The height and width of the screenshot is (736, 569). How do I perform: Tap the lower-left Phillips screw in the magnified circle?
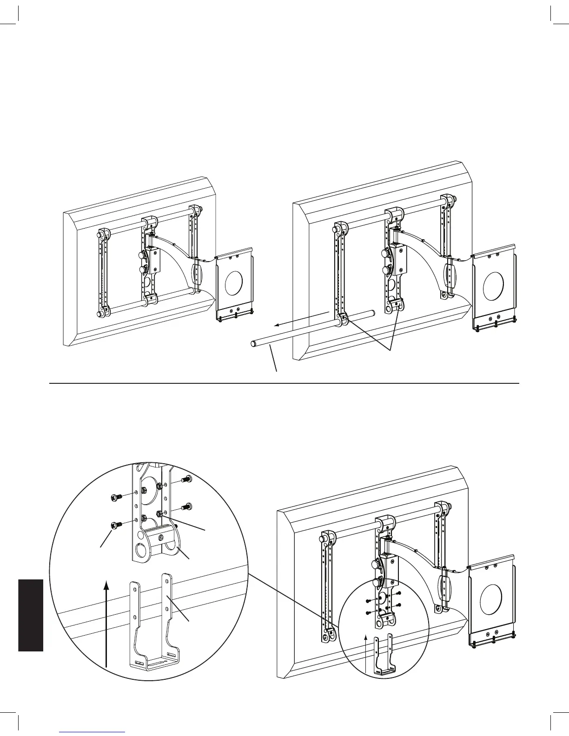[x=114, y=526]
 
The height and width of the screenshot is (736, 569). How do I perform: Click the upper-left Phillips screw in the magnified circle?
[x=114, y=498]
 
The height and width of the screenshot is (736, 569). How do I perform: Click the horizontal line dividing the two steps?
[x=284, y=383]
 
